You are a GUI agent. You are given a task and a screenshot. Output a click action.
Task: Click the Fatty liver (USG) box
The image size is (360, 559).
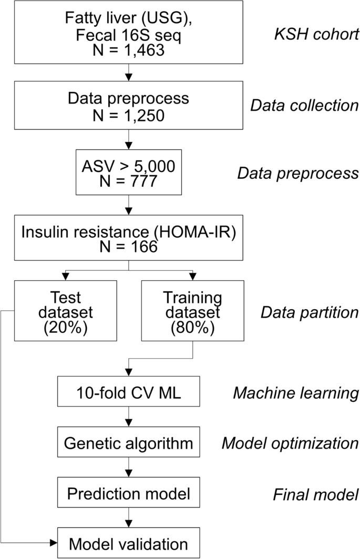point(128,31)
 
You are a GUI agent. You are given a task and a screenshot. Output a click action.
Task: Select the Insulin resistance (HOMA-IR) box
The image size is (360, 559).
point(128,238)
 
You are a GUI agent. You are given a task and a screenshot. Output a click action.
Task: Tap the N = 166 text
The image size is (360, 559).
point(128,246)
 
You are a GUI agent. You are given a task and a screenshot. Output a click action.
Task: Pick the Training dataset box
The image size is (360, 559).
point(192,310)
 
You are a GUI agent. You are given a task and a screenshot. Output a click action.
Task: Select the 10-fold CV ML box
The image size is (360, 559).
point(128,391)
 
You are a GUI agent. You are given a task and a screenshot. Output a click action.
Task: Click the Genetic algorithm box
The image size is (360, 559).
point(128,443)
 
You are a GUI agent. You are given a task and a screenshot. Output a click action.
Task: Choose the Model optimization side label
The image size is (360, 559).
point(290,443)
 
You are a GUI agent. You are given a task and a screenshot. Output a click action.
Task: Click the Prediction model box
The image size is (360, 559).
point(128,494)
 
